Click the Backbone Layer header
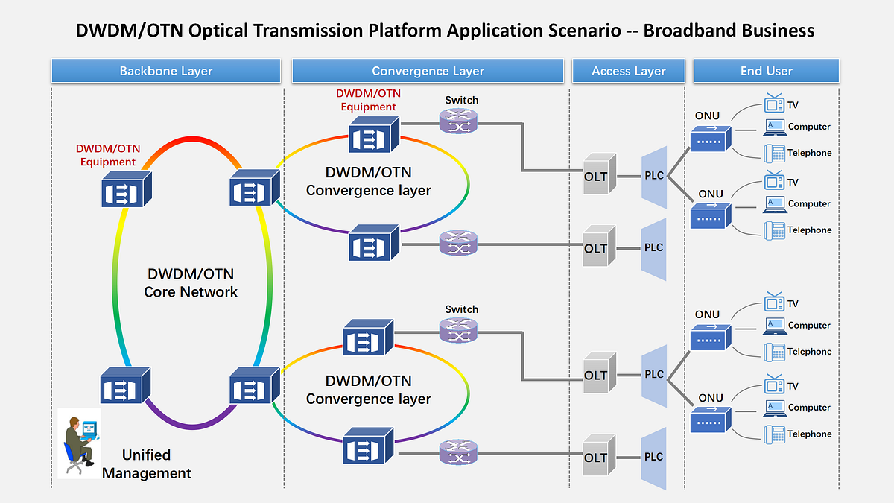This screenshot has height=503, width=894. click(165, 72)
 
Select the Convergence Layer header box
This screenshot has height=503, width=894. click(428, 72)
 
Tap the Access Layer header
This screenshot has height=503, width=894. click(628, 72)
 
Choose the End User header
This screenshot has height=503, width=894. click(766, 72)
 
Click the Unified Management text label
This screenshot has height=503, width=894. click(147, 464)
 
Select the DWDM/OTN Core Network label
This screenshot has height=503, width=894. click(191, 282)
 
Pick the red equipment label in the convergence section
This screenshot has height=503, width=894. click(368, 100)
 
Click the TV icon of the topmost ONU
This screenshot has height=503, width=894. click(774, 104)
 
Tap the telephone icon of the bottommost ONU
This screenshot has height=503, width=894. click(774, 434)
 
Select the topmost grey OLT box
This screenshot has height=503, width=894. click(599, 175)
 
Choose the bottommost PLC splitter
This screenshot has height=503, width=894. click(653, 458)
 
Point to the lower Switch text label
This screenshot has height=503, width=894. click(461, 309)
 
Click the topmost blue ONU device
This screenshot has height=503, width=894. click(710, 139)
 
